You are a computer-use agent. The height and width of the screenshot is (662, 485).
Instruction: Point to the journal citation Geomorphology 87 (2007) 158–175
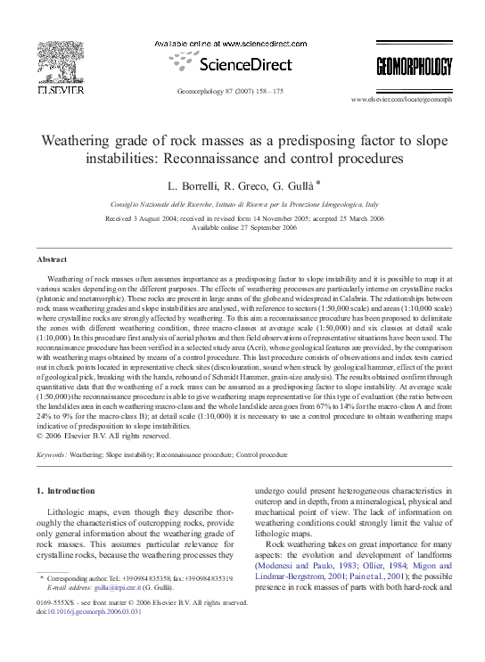point(231,92)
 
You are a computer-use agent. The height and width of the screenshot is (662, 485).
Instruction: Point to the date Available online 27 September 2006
point(243,227)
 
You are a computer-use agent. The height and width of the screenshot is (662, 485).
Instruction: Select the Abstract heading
point(52,259)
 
